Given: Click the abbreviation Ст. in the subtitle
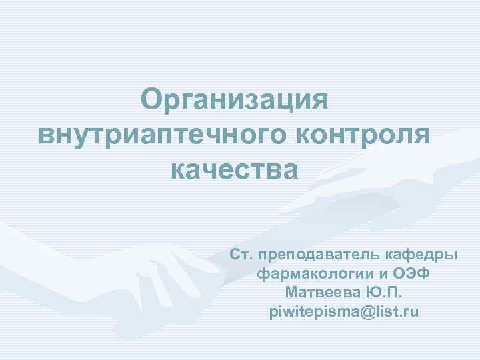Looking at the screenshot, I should coord(241,255).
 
